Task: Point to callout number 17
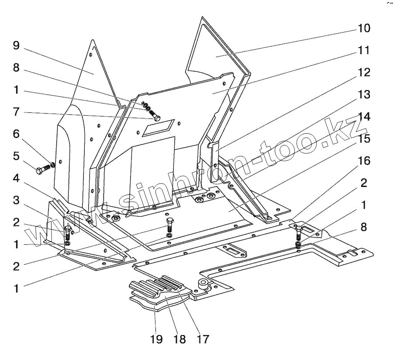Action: pos(202,339)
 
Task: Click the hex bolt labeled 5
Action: pos(42,169)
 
